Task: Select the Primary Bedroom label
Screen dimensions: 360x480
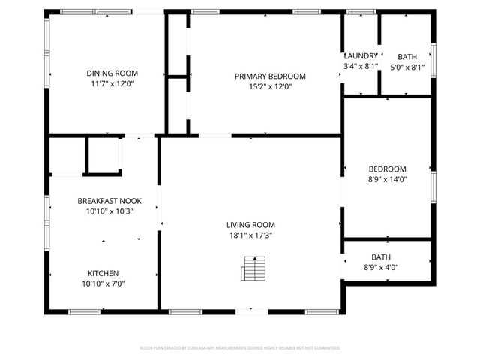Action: point(270,76)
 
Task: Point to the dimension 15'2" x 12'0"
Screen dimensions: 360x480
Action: point(270,86)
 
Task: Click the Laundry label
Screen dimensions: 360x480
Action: point(360,56)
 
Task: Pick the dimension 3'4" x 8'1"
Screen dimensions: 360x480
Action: point(360,67)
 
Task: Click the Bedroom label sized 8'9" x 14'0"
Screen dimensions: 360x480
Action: point(387,169)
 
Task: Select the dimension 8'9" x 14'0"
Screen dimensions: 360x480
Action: point(387,179)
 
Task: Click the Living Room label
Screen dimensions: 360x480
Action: point(250,224)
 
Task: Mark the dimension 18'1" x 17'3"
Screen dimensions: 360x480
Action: point(250,235)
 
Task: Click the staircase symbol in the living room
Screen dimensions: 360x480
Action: point(255,267)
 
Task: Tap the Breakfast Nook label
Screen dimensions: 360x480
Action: point(109,201)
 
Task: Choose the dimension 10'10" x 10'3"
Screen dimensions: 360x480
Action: point(109,211)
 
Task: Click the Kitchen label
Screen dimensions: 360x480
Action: point(103,273)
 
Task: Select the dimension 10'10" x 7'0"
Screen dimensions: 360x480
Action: point(103,283)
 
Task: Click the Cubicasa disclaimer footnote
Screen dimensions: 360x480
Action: point(240,348)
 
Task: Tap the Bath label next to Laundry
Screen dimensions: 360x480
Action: point(407,56)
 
